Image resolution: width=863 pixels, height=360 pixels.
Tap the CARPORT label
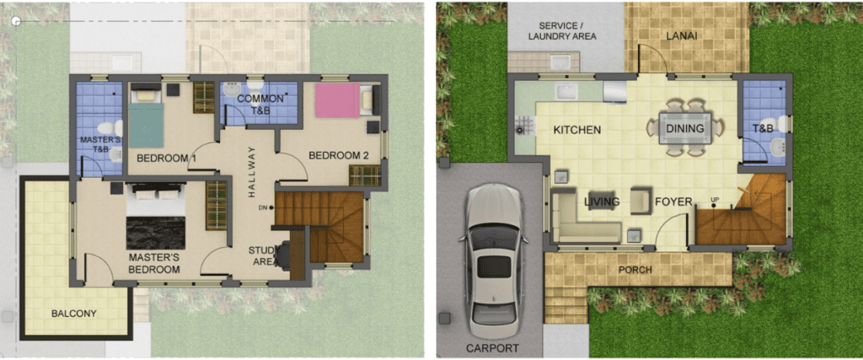pos(492,348)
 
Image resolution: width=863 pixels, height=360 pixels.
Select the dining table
pos(685,128)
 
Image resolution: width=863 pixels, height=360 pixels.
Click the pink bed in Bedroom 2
pos(337,100)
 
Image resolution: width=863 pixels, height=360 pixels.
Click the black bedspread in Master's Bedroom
pos(156,233)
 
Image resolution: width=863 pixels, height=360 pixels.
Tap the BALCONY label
pos(74,314)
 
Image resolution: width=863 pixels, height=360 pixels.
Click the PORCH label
pos(635,271)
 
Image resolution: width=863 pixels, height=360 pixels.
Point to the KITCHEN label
pos(576,131)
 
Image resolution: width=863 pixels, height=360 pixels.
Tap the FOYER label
pos(673,202)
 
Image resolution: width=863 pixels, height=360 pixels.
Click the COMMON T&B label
pos(260,103)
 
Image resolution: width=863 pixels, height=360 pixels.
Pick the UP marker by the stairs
pos(715,199)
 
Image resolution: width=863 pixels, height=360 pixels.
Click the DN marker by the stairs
pos(265,207)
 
